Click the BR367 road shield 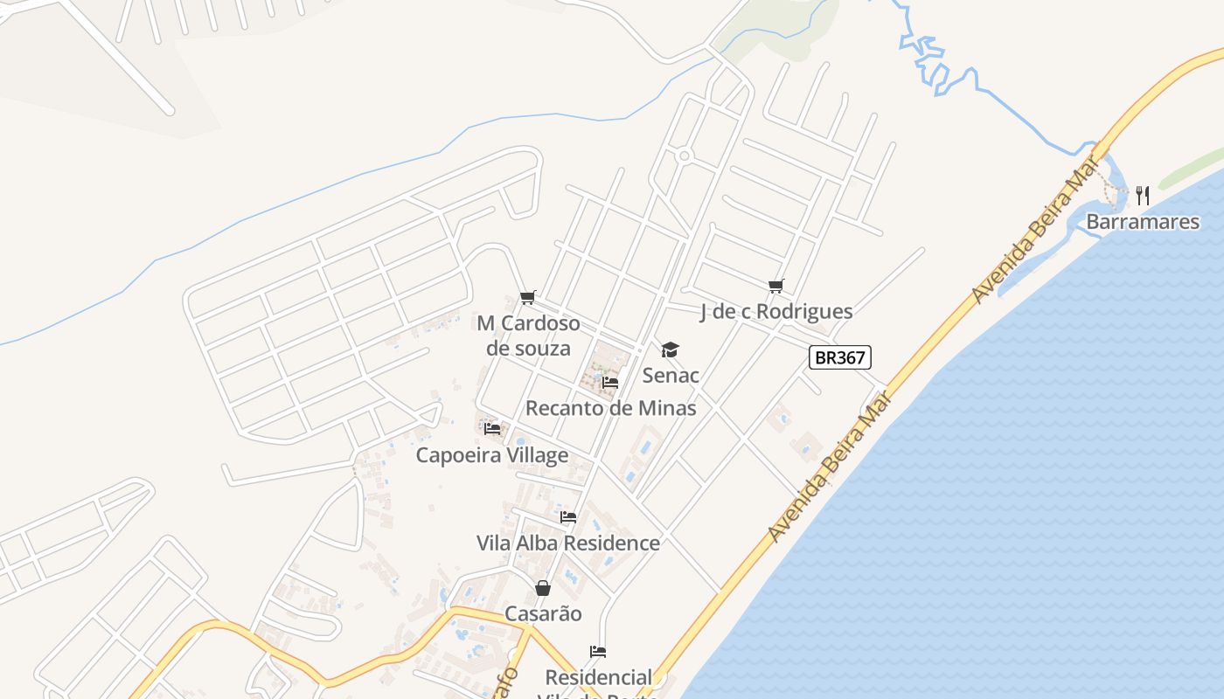point(840,356)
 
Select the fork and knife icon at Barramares point(1142,195)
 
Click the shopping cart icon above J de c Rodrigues point(775,286)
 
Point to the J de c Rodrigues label point(776,311)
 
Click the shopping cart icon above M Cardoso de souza point(527,298)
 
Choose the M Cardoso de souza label point(528,336)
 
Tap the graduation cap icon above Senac point(670,350)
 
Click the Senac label point(671,376)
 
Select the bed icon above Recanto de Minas point(610,383)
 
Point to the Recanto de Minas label point(610,408)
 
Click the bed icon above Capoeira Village point(492,429)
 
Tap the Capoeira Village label point(491,455)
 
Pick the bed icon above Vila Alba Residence point(568,517)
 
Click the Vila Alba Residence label point(568,543)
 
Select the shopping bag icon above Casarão point(543,588)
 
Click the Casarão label point(543,613)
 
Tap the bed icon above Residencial point(598,652)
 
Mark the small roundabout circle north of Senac point(684,156)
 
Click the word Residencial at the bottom point(598,677)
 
